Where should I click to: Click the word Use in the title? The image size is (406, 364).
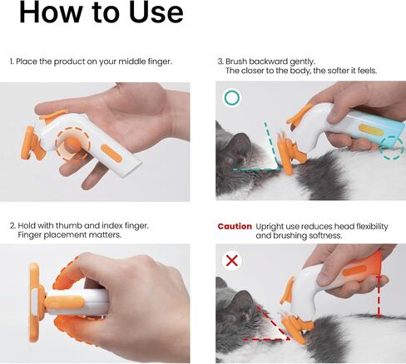156,12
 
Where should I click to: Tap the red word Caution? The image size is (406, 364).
235,226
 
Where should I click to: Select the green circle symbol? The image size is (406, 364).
232,97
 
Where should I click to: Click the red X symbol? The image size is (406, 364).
232,260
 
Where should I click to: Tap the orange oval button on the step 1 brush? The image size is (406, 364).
111,154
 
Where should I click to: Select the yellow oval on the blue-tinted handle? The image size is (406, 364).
371,130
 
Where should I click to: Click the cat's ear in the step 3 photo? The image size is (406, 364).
240,142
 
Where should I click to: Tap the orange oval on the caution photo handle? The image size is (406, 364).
354,270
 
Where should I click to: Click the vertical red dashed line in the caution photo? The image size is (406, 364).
378,296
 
